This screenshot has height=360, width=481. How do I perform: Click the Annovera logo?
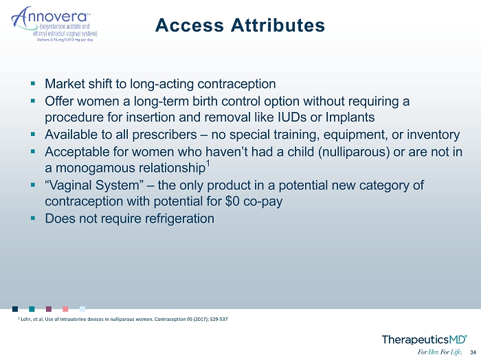54,24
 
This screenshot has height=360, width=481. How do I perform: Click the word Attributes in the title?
278,25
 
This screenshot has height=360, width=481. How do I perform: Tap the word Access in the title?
190,25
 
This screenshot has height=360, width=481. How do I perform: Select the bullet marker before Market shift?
33,83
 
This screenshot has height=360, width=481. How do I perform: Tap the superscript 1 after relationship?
208,164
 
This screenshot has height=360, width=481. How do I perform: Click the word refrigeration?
179,219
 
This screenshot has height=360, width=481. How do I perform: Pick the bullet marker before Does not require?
33,218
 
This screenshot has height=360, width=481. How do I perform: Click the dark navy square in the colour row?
15,308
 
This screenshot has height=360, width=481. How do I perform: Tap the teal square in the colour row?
32,308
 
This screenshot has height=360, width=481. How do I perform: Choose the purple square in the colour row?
49,308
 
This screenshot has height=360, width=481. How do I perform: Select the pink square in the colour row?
65,308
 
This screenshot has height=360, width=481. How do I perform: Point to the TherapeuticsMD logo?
425,340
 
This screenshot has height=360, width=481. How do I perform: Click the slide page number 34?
473,352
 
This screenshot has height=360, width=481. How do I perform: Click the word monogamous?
95,168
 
